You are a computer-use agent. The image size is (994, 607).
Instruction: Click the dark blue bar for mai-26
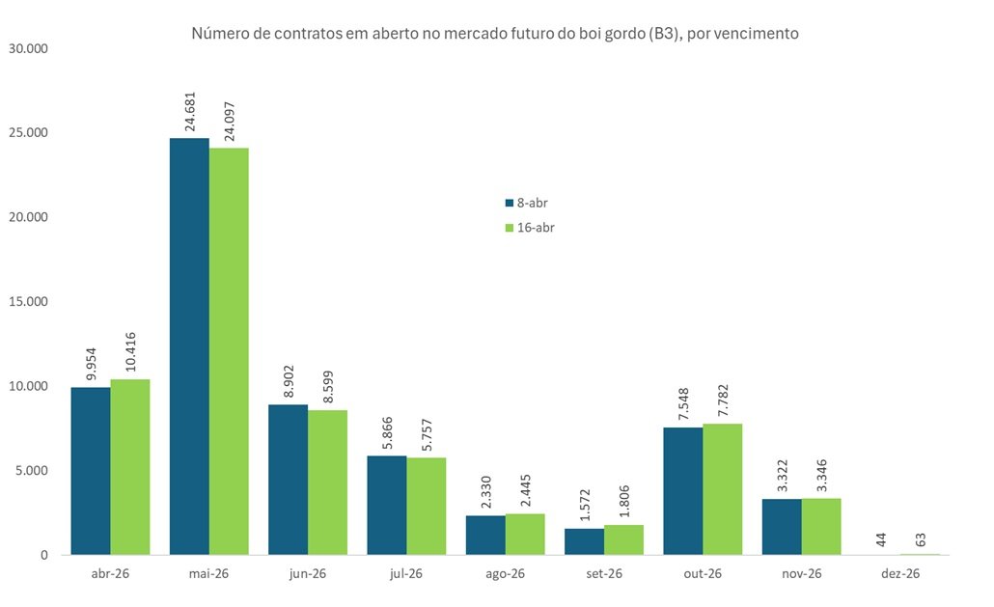click(189, 346)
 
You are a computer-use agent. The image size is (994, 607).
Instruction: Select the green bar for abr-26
click(130, 467)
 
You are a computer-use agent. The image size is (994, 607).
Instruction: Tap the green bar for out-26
click(723, 489)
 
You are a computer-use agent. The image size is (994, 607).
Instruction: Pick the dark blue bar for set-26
click(585, 541)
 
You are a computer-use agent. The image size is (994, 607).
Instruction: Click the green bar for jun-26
click(328, 483)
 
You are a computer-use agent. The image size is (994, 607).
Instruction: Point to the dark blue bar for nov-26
click(782, 527)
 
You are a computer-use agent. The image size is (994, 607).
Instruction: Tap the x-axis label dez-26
click(900, 573)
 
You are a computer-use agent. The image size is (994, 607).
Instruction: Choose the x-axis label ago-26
click(505, 573)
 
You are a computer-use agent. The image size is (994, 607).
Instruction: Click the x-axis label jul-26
click(406, 573)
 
